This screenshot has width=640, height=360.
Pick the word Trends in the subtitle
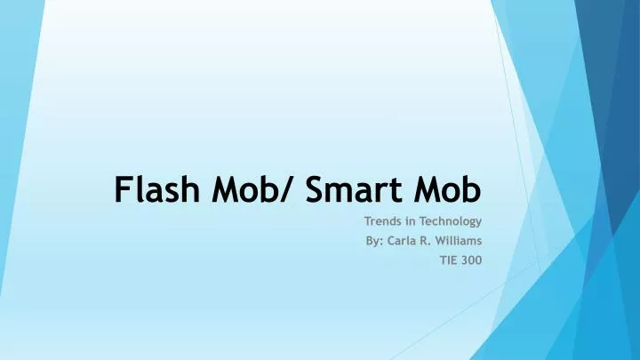click(x=383, y=220)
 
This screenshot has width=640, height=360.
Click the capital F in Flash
click(x=124, y=189)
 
